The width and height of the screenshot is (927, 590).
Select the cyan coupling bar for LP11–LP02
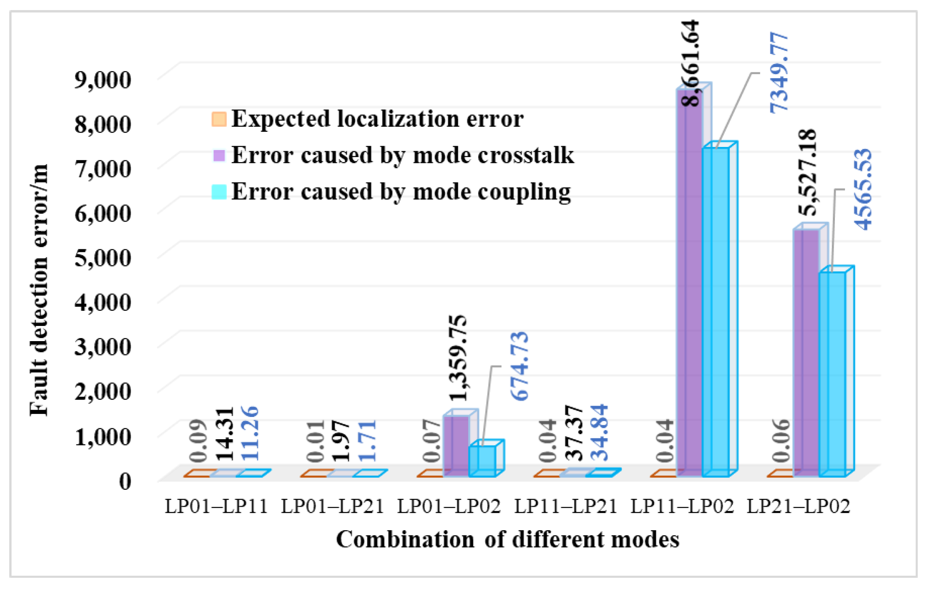[715, 312]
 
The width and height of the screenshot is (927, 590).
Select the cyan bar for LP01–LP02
[482, 461]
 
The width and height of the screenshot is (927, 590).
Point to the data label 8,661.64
[690, 63]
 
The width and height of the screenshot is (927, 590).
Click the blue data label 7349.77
[779, 72]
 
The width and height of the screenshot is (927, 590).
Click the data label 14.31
[224, 434]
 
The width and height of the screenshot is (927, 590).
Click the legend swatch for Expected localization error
[219, 119]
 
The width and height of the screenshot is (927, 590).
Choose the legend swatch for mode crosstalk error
[219, 155]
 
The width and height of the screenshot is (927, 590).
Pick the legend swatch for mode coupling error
[219, 192]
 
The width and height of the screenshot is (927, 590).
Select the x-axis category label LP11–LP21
[566, 506]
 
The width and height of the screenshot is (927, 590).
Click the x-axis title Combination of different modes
[507, 539]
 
